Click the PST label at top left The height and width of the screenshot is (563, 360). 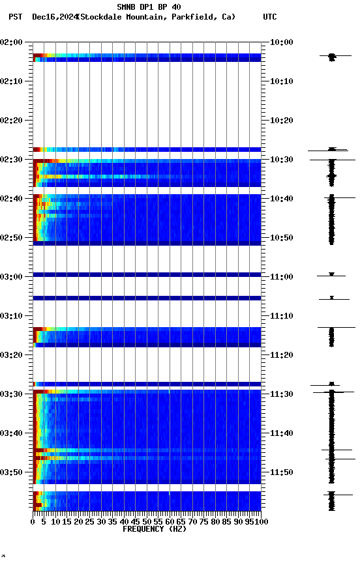(16, 17)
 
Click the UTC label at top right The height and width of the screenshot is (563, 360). (270, 17)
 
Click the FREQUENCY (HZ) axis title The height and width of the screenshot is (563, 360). (154, 529)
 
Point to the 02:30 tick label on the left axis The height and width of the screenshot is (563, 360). (12, 160)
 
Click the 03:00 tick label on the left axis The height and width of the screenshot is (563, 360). (12, 277)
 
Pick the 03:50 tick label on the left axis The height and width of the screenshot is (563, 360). (12, 472)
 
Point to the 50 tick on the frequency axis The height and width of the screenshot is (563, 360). (147, 522)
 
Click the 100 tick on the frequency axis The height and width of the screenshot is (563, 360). (260, 522)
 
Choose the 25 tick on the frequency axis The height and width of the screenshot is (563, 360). (90, 522)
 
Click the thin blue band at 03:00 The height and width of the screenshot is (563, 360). (147, 274)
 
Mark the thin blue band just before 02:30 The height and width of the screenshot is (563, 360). (147, 149)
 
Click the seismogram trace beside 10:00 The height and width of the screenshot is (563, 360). (332, 57)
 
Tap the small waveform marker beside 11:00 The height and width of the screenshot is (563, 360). (331, 275)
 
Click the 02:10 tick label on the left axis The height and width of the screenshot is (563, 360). (12, 81)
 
